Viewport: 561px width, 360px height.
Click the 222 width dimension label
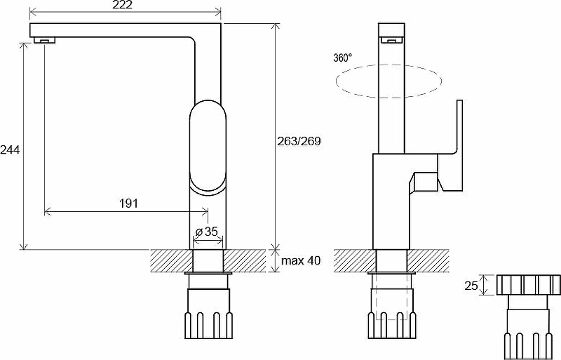tap(122, 5)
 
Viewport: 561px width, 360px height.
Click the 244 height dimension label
tap(10, 149)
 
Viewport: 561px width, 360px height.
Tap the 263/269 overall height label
tap(299, 141)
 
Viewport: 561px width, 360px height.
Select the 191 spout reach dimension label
tap(128, 204)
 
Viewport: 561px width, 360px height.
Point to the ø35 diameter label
tap(206, 232)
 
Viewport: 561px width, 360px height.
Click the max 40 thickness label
tap(301, 260)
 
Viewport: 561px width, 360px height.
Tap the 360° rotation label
tap(342, 58)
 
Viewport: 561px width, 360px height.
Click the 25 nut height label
tap(471, 286)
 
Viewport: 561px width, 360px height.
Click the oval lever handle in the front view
tap(208, 147)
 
